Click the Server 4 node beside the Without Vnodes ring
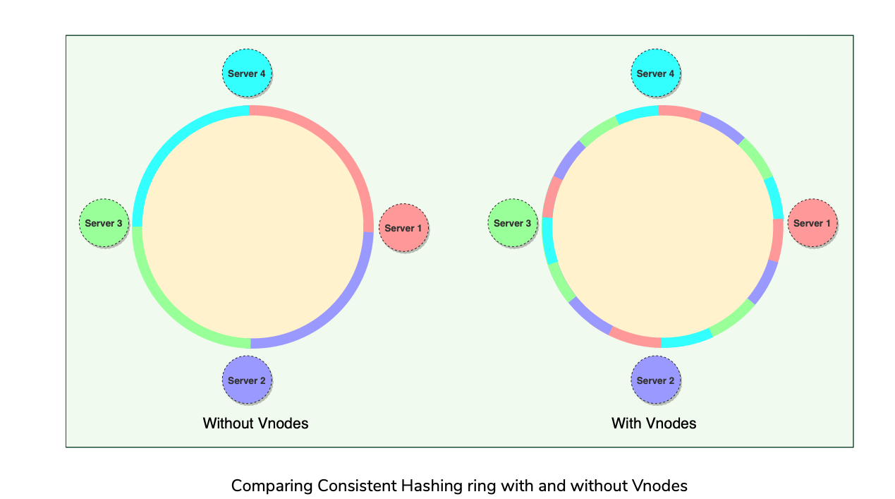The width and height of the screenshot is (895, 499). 247,73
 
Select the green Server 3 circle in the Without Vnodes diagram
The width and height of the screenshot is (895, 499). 104,223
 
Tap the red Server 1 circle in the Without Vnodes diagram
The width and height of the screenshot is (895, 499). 403,228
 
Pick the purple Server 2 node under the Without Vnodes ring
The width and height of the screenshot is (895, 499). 247,380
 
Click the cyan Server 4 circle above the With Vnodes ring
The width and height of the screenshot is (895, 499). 655,73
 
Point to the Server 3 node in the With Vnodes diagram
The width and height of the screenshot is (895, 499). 513,223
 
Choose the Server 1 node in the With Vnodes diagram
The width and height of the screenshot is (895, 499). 812,223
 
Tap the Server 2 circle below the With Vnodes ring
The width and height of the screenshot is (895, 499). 655,380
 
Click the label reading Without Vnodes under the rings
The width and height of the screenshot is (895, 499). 255,423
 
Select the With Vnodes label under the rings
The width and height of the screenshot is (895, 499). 654,423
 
